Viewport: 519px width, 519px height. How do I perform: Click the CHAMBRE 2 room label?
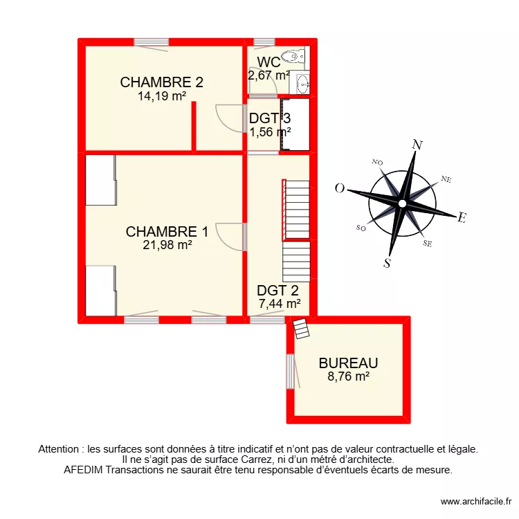161,82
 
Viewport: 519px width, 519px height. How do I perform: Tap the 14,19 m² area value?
161,96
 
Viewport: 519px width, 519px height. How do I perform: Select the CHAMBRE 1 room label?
166,231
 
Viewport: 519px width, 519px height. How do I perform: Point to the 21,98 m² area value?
167,244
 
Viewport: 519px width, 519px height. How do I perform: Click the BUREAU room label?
348,363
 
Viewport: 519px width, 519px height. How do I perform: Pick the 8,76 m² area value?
348,376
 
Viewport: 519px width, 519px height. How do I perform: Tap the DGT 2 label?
277,291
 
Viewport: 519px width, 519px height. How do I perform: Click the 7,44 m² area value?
279,303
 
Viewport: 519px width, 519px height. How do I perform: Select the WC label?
268,62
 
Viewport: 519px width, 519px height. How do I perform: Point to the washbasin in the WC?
302,84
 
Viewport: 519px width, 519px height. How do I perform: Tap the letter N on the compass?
417,145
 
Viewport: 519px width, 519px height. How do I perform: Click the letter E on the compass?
461,218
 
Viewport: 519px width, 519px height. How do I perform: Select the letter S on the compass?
388,262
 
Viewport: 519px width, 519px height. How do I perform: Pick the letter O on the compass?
340,188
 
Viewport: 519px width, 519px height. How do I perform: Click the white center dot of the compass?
402,203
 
